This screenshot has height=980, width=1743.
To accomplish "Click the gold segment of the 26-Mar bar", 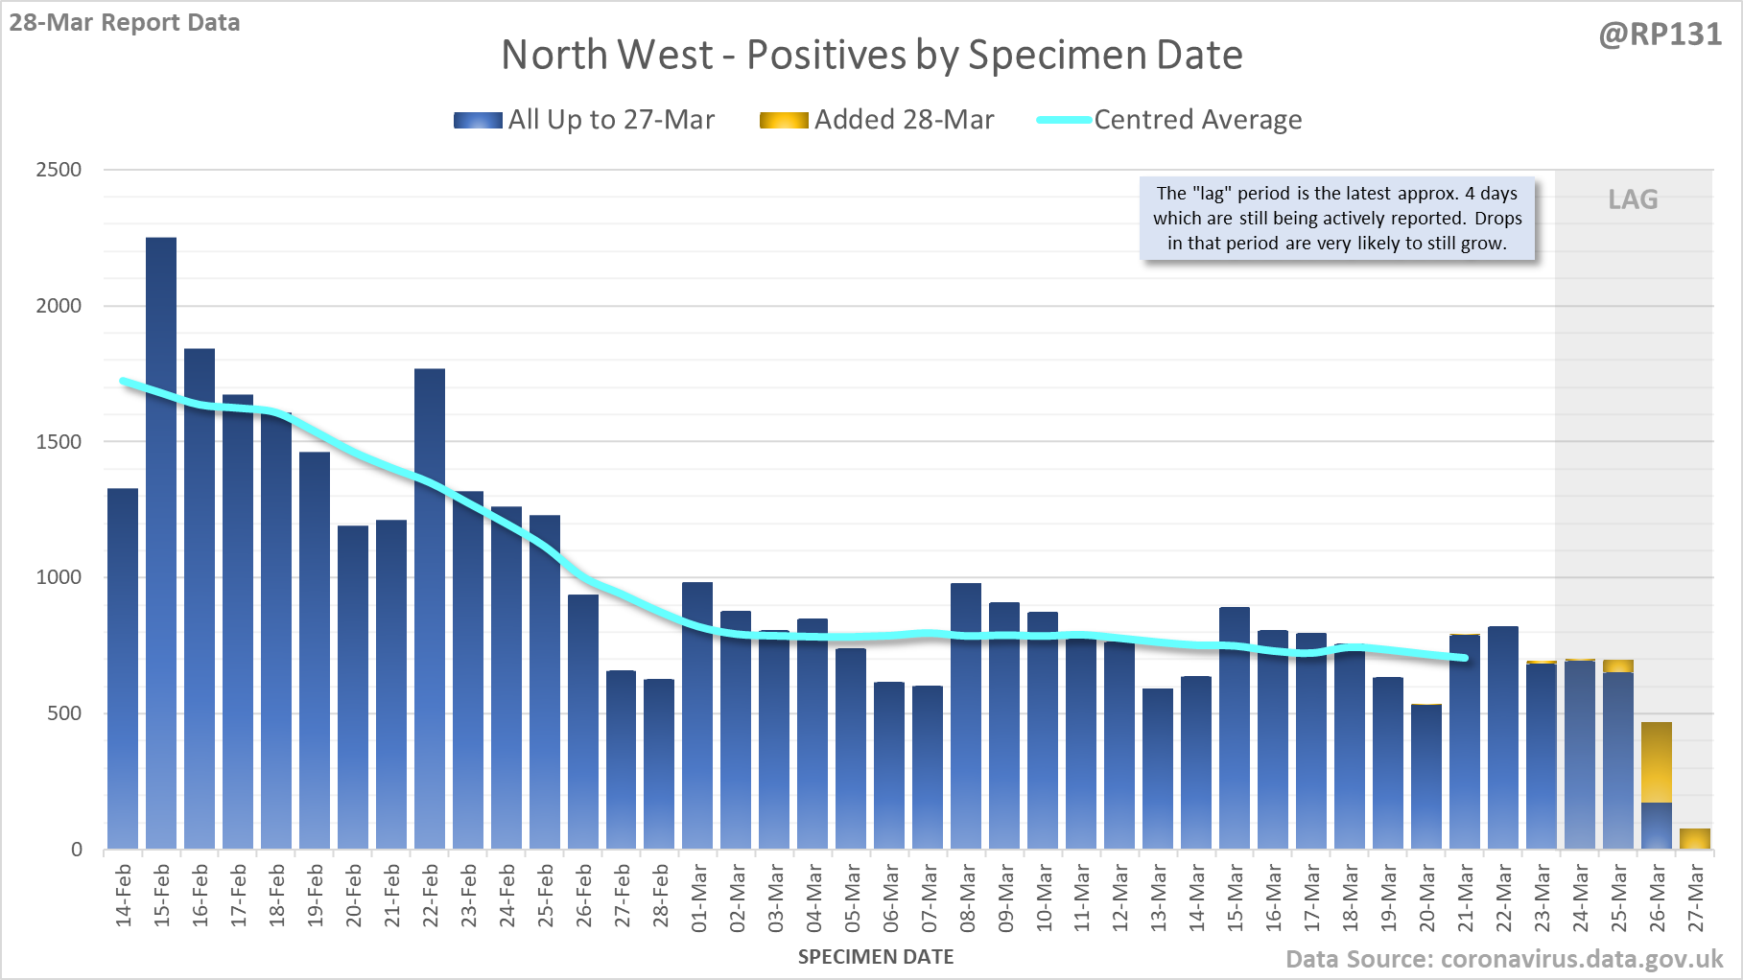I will [1657, 762].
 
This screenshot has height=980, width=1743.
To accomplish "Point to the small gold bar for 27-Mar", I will [1695, 839].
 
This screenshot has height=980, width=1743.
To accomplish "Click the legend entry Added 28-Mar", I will [878, 120].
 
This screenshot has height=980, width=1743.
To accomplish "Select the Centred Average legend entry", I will [1170, 120].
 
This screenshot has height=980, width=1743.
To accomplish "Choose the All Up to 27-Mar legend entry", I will [585, 120].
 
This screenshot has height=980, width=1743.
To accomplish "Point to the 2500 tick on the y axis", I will [59, 170].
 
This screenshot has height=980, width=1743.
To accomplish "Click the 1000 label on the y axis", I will [59, 577].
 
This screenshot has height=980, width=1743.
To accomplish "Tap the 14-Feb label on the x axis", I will [124, 897].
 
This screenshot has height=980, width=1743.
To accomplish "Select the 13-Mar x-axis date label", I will [1159, 897].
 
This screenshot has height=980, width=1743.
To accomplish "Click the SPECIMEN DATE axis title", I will [876, 957].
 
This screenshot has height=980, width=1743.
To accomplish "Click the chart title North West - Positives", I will [872, 55].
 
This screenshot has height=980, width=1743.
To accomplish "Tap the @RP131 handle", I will [1660, 35].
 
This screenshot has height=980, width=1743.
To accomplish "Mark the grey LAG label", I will [1633, 199].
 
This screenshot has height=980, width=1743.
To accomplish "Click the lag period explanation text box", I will [1336, 219].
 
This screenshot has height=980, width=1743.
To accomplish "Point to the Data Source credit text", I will [1503, 959].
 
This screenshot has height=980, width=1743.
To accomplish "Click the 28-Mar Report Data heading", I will [125, 22].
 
